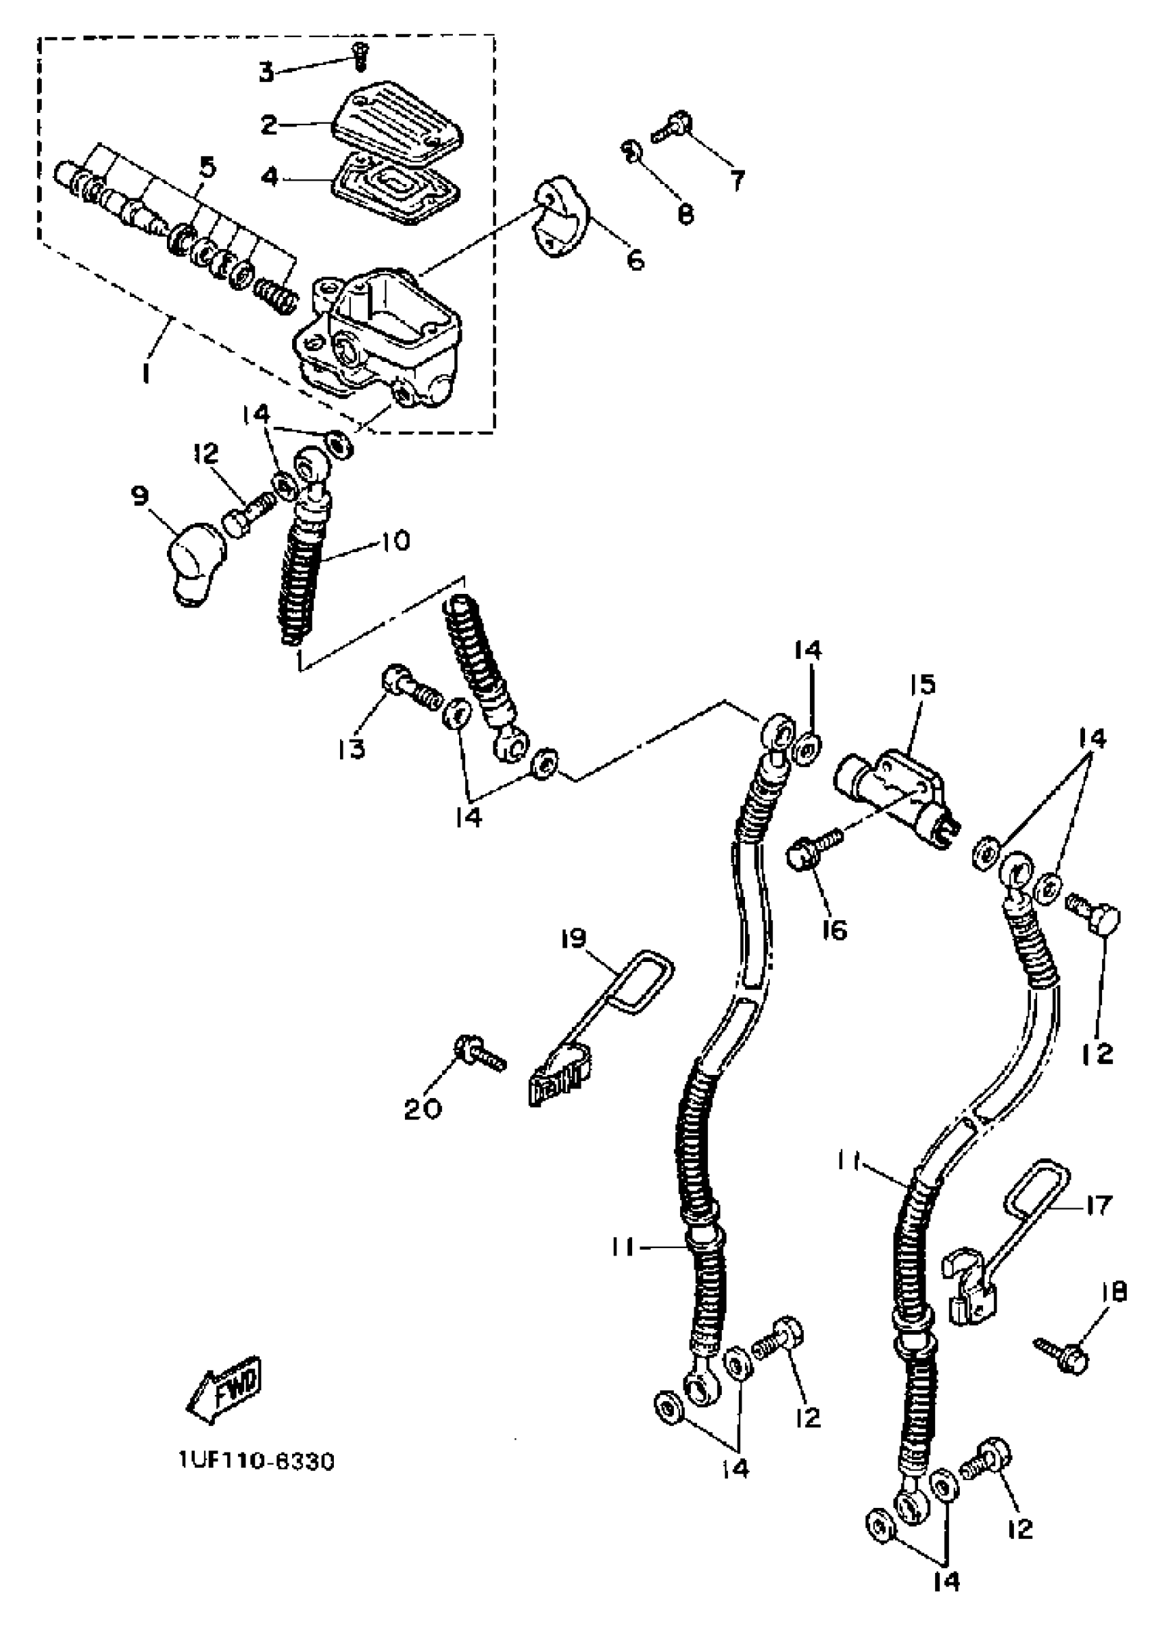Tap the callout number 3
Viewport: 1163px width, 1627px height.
(266, 73)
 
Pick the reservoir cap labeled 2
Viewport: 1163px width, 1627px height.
(398, 122)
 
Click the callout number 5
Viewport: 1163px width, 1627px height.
(208, 168)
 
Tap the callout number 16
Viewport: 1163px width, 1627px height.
(835, 930)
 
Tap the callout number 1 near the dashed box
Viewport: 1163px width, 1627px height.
(146, 372)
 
